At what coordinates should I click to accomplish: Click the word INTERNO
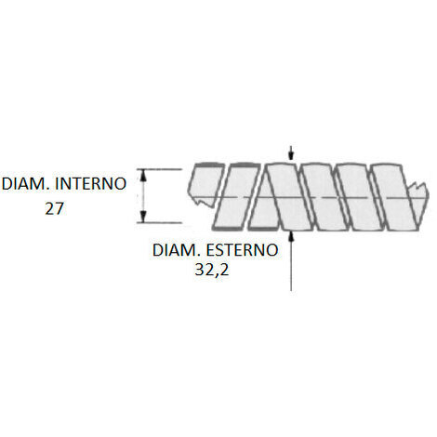tap(90, 184)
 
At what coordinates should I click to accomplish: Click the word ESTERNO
tap(242, 250)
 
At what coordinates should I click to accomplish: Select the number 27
tap(54, 208)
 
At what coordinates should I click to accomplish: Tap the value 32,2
tap(212, 270)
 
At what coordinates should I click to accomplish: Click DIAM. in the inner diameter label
tap(25, 184)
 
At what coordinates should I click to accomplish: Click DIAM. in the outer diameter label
tap(176, 250)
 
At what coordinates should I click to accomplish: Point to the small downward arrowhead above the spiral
tap(291, 156)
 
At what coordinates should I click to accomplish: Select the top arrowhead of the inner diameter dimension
tap(143, 175)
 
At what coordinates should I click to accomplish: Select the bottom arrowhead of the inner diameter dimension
tap(143, 217)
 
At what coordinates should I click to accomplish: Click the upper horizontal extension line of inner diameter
tap(159, 169)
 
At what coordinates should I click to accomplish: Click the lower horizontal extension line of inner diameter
tap(159, 222)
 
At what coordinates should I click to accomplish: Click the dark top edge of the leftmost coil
tap(208, 165)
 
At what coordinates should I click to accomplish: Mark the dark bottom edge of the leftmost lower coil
tap(227, 229)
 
